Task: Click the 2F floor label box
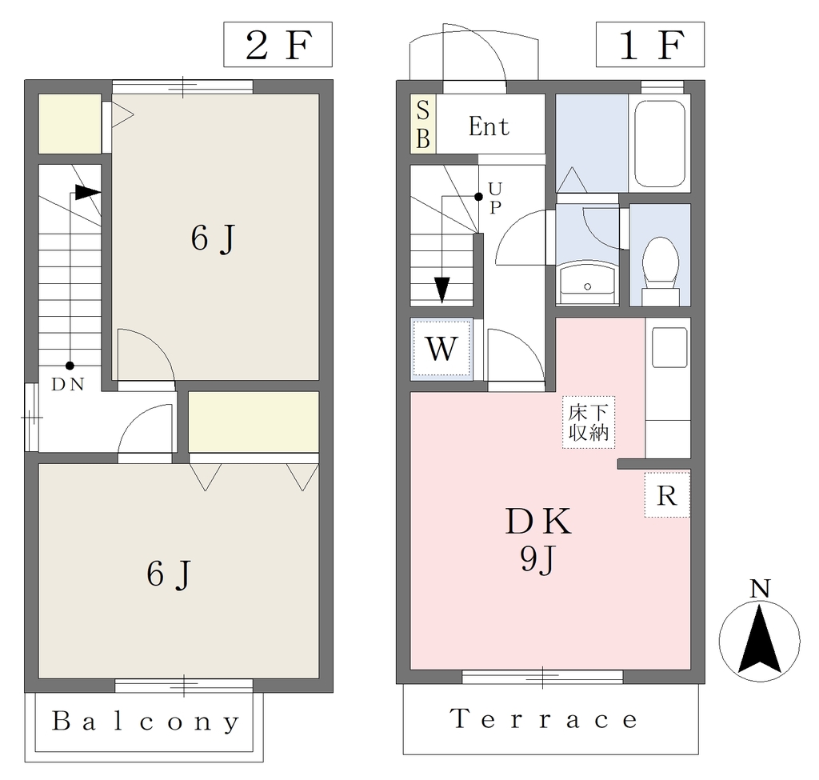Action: [x=278, y=45]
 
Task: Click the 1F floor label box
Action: [x=650, y=45]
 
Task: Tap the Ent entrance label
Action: [x=489, y=126]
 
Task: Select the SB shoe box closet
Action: [x=423, y=124]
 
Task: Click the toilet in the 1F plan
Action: [x=660, y=271]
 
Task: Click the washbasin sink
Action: [x=588, y=282]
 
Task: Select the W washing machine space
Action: [x=441, y=349]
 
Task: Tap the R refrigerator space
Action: [x=667, y=494]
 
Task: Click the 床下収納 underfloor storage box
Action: [x=589, y=422]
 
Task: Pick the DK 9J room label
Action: [x=538, y=540]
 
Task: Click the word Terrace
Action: [x=543, y=719]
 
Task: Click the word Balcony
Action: [x=146, y=722]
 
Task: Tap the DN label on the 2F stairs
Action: [x=68, y=385]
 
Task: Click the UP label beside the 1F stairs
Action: [x=494, y=198]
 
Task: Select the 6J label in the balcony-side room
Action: [x=170, y=574]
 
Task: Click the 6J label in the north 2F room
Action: [x=214, y=238]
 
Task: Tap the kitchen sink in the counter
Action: [x=669, y=347]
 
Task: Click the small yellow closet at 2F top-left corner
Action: [x=70, y=124]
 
